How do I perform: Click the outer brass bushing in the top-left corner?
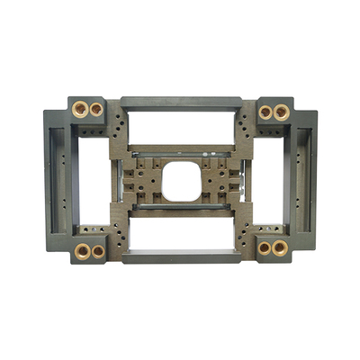click(x=79, y=109)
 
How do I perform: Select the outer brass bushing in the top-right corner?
click(x=282, y=112)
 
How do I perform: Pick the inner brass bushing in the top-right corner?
click(x=265, y=112)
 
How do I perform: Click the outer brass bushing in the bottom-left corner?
click(x=82, y=251)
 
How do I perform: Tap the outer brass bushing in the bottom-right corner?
click(x=280, y=247)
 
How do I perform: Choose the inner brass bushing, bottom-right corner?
click(x=264, y=247)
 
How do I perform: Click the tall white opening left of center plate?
click(x=94, y=180)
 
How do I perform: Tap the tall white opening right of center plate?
click(x=267, y=180)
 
